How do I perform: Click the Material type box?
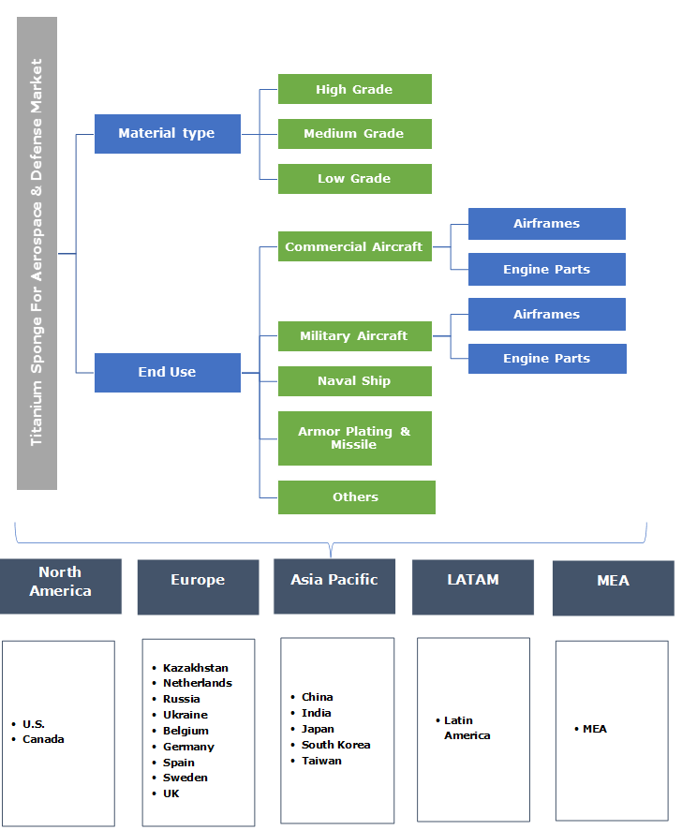(x=167, y=134)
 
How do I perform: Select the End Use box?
(x=167, y=372)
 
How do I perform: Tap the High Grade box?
(x=354, y=89)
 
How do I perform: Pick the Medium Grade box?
(x=354, y=134)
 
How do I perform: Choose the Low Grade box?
(x=354, y=179)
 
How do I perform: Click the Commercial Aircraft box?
(x=354, y=246)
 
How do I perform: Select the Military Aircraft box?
(x=354, y=335)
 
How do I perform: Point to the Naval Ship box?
(x=354, y=381)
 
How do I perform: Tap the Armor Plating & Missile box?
(x=354, y=438)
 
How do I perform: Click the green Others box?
(x=356, y=497)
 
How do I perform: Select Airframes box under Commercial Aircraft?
(x=546, y=224)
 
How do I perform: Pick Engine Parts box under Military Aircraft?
(x=546, y=359)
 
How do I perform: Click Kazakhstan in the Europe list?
(x=195, y=668)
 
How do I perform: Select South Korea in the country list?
(x=335, y=745)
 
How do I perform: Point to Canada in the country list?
(x=43, y=739)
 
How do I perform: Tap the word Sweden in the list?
(x=185, y=778)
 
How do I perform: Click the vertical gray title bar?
(x=37, y=253)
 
